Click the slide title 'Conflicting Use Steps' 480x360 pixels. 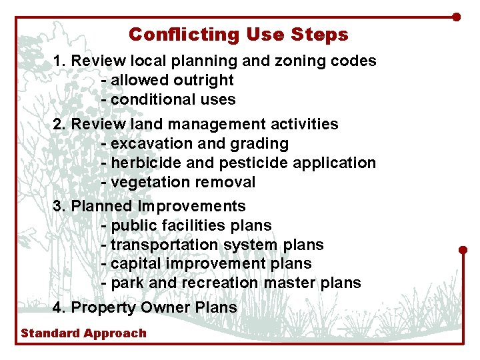[x=239, y=34]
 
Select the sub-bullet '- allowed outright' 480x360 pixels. [x=167, y=80]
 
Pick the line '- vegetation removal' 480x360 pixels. [x=178, y=182]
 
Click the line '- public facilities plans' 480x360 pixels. [x=187, y=225]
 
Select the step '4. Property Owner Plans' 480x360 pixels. [x=145, y=307]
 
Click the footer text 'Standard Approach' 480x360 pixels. [x=83, y=333]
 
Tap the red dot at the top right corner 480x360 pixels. [x=457, y=17]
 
